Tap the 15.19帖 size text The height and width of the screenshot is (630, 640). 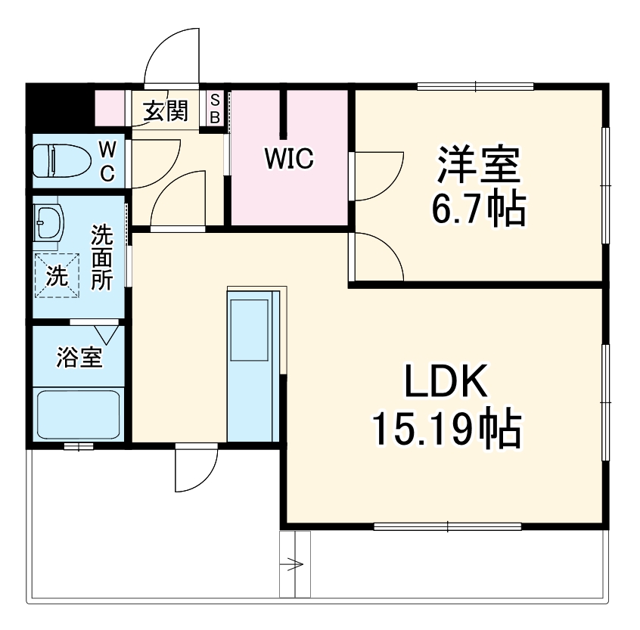click(x=445, y=430)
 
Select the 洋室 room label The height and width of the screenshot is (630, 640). click(x=477, y=165)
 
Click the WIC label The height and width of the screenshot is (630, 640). click(x=288, y=159)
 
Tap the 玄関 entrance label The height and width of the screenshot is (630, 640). click(x=165, y=111)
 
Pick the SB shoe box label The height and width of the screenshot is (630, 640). click(x=215, y=108)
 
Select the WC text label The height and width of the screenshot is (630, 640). click(x=107, y=160)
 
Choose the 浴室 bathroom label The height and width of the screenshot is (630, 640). click(x=79, y=358)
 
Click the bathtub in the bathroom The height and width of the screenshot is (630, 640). click(x=79, y=414)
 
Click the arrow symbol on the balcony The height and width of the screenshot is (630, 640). click(x=294, y=564)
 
